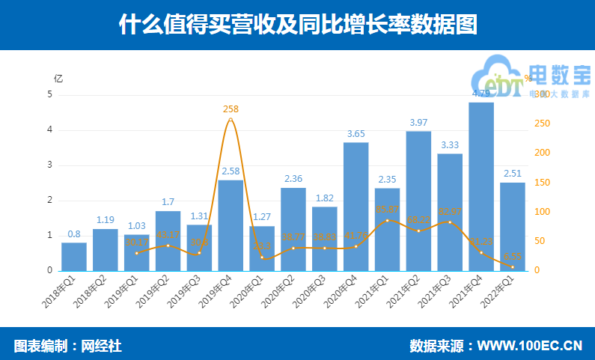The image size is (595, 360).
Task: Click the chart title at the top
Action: [297, 24]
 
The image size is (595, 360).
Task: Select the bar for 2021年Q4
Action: [481, 187]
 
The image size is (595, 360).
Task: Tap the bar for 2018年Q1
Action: [73, 256]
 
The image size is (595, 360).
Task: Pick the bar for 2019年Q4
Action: [231, 225]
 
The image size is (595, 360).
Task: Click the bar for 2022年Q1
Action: [513, 226]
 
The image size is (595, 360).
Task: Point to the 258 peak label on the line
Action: [231, 109]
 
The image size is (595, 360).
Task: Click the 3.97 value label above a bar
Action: [418, 123]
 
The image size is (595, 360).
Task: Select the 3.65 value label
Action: [356, 134]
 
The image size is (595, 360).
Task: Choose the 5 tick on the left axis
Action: [50, 94]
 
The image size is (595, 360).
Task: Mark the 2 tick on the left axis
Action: [50, 200]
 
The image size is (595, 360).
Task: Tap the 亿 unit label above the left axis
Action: [58, 78]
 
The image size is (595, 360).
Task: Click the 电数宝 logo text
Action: [560, 75]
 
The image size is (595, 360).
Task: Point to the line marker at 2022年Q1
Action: [513, 267]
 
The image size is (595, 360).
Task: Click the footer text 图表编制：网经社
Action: [67, 346]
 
